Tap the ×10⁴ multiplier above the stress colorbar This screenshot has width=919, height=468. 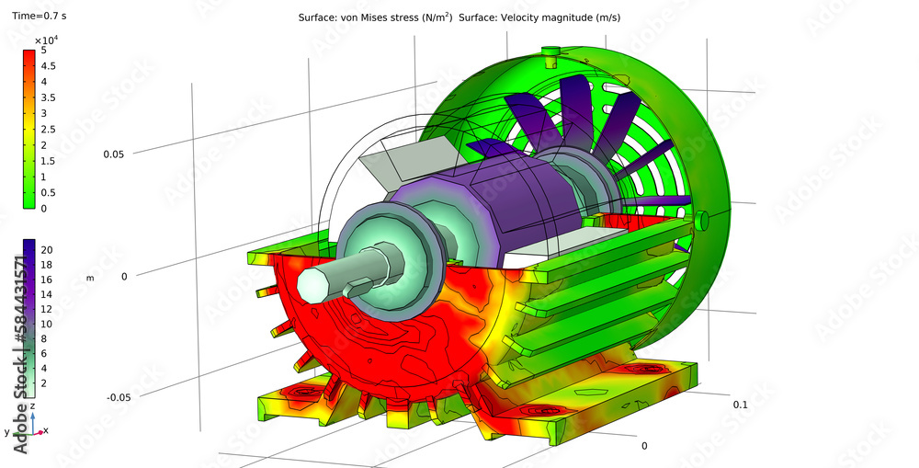[46, 40]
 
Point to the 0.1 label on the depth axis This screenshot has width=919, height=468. [740, 405]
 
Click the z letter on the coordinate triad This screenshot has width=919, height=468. [33, 405]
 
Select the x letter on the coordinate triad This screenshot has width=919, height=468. [46, 430]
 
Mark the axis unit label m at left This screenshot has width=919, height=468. [90, 278]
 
